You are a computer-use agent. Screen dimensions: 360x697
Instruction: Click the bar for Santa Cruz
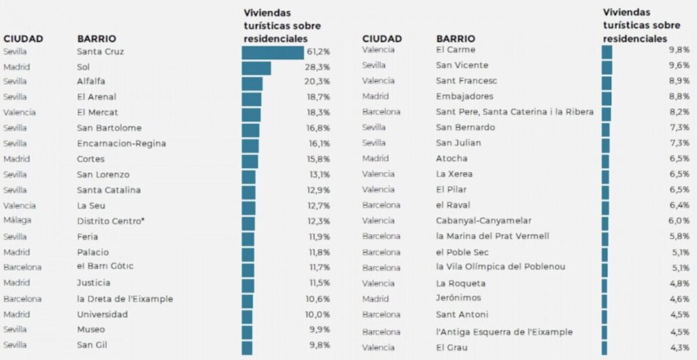point(272,52)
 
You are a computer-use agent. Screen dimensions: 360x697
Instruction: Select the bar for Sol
point(256,68)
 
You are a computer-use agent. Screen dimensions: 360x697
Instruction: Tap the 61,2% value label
point(319,52)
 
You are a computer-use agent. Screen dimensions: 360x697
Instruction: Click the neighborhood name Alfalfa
point(91,82)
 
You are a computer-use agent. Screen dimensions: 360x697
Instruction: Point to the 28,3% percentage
point(319,67)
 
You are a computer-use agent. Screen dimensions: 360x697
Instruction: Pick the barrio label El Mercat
point(97,112)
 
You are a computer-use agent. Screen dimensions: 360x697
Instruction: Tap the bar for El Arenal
point(251,98)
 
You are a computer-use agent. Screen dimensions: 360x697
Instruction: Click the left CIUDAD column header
point(23,39)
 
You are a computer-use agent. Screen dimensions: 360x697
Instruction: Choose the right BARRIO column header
point(455,39)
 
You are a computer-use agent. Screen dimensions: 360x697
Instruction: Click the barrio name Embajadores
point(464,97)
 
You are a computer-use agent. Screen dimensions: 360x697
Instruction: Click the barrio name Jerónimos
point(458,298)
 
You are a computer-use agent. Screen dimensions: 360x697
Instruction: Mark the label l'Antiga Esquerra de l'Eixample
point(504,332)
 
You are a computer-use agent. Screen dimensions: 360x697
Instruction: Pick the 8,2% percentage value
point(680,112)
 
